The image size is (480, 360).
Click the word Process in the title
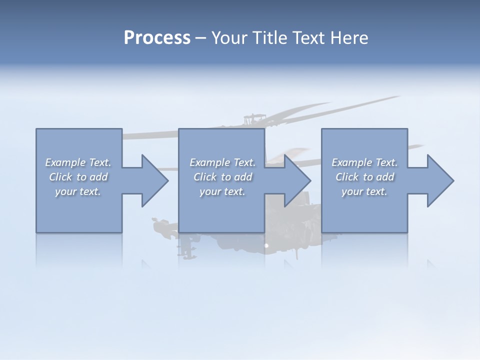pyautogui.click(x=157, y=38)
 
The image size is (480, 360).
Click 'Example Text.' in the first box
pyautogui.click(x=78, y=162)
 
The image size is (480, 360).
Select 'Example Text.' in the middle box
pyautogui.click(x=222, y=162)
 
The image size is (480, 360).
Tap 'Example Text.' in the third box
pyautogui.click(x=364, y=162)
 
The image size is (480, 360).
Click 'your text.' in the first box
pyautogui.click(x=78, y=191)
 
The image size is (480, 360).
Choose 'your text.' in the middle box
pyautogui.click(x=222, y=191)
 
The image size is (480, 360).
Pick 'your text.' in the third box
pyautogui.click(x=364, y=191)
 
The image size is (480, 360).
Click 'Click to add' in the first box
pyautogui.click(x=78, y=177)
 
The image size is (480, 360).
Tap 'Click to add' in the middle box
pyautogui.click(x=222, y=177)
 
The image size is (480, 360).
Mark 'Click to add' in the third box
pyautogui.click(x=364, y=177)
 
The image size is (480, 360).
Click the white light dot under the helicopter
pyautogui.click(x=266, y=245)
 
